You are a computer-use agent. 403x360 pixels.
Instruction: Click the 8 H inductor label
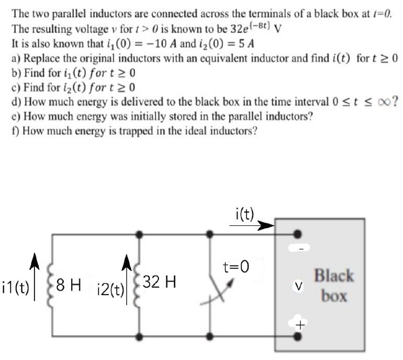68,286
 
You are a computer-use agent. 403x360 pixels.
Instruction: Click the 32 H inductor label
159,282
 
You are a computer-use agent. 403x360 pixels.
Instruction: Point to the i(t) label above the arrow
244,213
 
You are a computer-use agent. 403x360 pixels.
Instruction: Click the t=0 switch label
236,268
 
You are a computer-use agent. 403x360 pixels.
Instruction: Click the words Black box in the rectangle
334,286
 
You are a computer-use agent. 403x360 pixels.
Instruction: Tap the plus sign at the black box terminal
299,325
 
